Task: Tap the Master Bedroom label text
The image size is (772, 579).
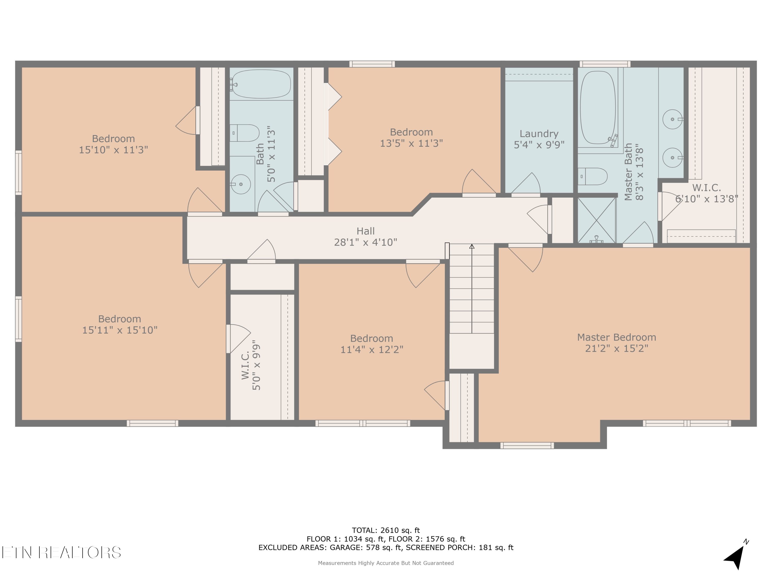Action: (617, 337)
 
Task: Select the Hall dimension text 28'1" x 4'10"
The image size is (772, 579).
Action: (366, 242)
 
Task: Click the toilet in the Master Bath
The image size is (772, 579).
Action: (593, 177)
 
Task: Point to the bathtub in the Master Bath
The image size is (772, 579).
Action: (598, 108)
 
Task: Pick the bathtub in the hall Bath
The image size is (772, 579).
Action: (261, 84)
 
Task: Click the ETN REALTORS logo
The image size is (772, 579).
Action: (62, 552)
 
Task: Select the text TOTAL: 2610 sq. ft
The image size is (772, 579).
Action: (386, 530)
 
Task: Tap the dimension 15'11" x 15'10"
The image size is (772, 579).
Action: (120, 330)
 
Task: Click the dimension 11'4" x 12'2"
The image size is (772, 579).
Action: (372, 350)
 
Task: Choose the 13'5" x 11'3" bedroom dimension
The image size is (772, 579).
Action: (411, 143)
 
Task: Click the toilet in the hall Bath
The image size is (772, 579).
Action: (244, 133)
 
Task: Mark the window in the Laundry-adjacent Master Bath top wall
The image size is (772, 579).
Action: (605, 64)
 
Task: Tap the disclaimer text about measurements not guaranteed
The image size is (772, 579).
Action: (386, 563)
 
